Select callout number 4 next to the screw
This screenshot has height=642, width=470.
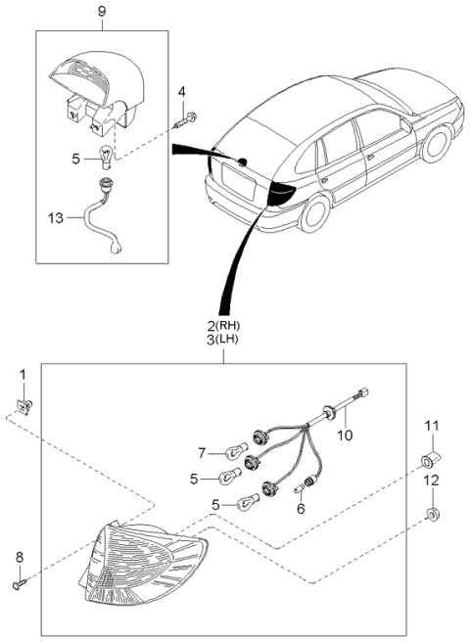181,92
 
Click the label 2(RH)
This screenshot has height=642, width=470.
222,326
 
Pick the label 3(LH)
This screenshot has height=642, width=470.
222,341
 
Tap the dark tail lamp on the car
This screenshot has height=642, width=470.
285,192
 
